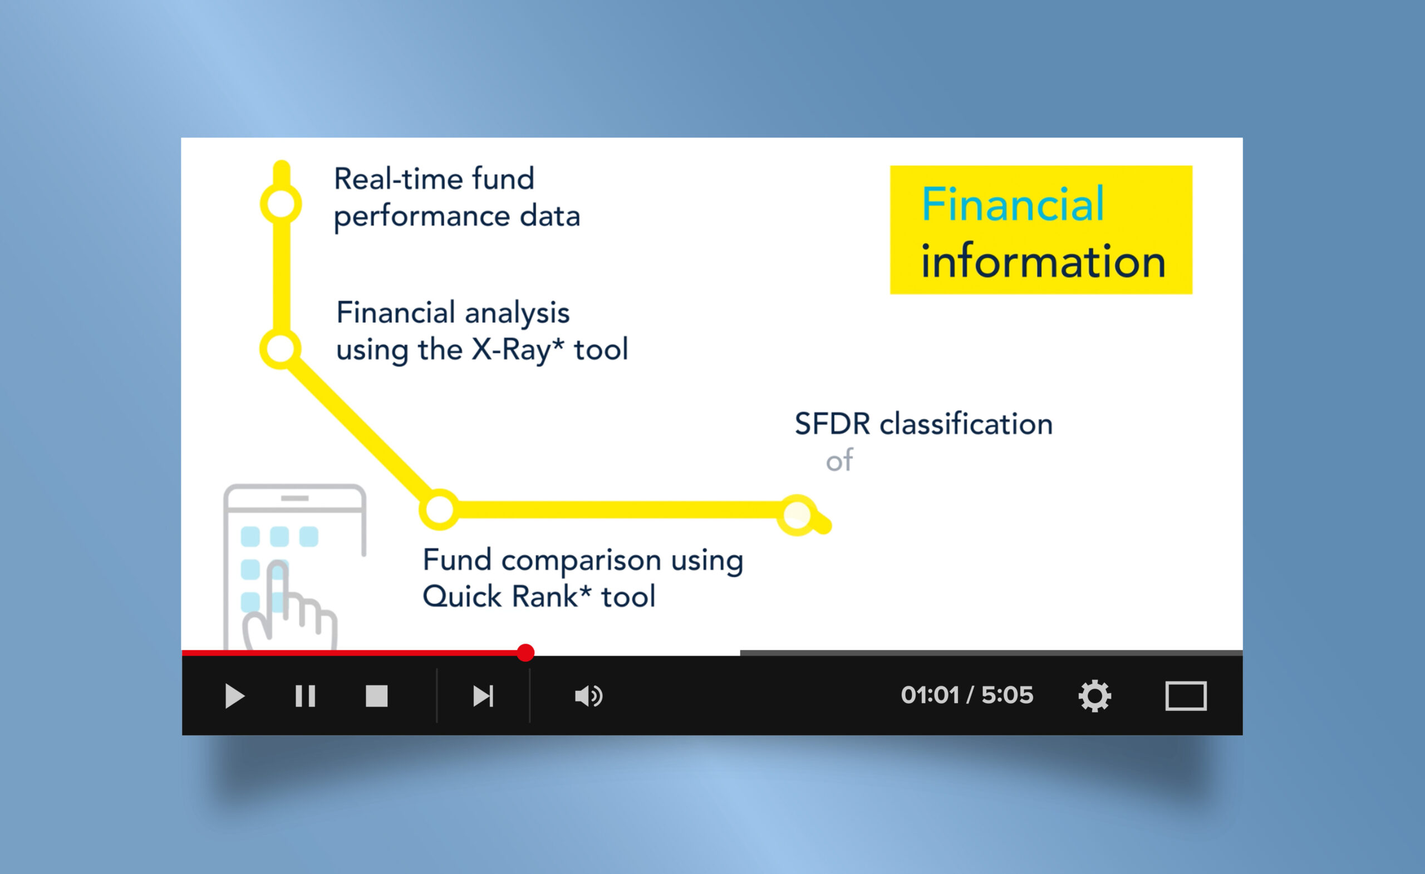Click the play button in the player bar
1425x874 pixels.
pyautogui.click(x=234, y=696)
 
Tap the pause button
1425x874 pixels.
pyautogui.click(x=306, y=696)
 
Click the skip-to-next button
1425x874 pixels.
pyautogui.click(x=483, y=696)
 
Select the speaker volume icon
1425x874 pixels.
pyautogui.click(x=589, y=696)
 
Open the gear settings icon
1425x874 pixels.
pyautogui.click(x=1095, y=696)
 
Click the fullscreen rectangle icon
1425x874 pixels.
pyautogui.click(x=1186, y=696)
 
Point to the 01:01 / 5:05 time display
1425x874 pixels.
pyautogui.click(x=966, y=695)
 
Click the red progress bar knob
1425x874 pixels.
pyautogui.click(x=525, y=652)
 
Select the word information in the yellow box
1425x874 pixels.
pyautogui.click(x=1043, y=261)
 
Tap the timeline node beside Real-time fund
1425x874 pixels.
pyautogui.click(x=281, y=204)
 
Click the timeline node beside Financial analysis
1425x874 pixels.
pyautogui.click(x=281, y=349)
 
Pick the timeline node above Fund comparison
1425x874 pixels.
pyautogui.click(x=440, y=509)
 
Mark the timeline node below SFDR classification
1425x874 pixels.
pyautogui.click(x=798, y=514)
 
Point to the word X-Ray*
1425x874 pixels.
pyautogui.click(x=518, y=350)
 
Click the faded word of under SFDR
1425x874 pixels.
pyautogui.click(x=839, y=461)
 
